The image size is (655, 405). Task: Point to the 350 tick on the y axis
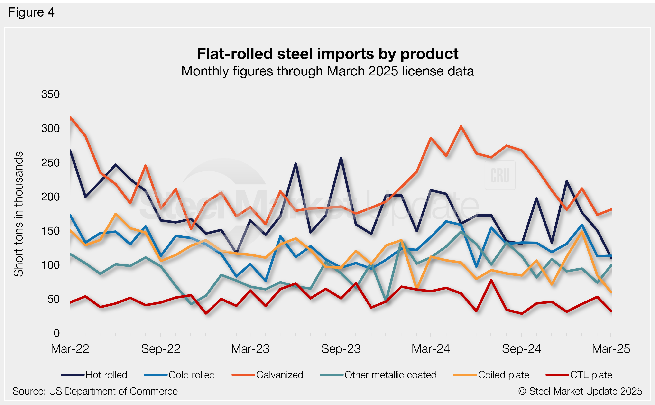tap(50, 94)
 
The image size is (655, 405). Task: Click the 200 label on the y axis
tap(50, 197)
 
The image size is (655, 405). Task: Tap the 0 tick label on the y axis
tap(56, 333)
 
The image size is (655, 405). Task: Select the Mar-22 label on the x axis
tap(70, 349)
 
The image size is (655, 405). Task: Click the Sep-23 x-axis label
tap(341, 349)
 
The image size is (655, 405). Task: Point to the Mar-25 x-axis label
tap(611, 349)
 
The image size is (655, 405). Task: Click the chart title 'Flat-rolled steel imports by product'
tap(327, 54)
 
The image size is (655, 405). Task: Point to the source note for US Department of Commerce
tap(95, 391)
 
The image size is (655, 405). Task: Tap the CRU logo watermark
tap(500, 175)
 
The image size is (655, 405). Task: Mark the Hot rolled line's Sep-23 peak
tap(341, 158)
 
